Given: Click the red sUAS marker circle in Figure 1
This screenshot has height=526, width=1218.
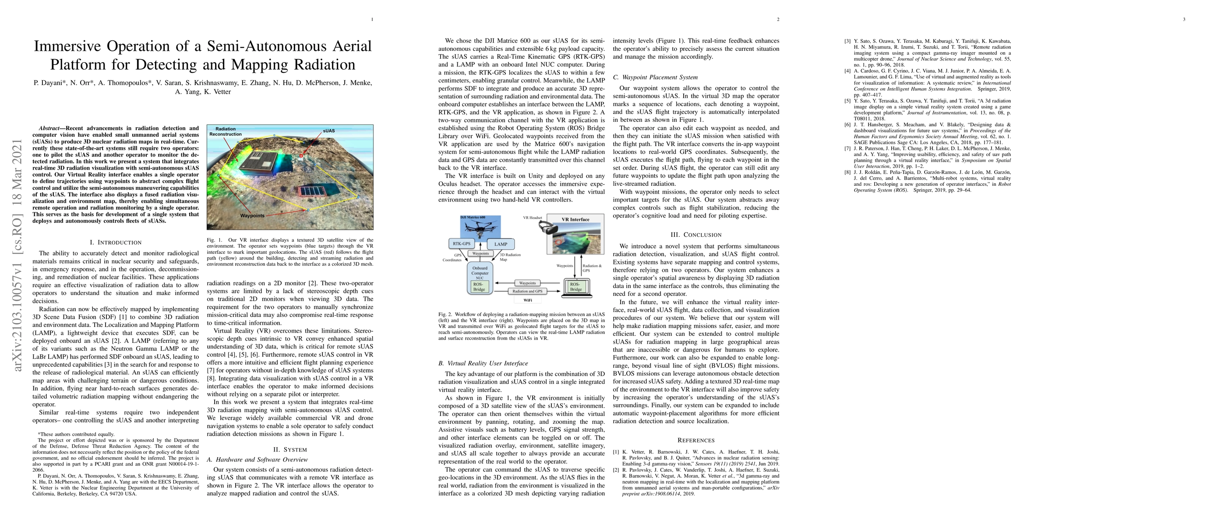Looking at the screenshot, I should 301,156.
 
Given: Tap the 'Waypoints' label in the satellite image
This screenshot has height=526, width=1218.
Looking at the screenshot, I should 252,216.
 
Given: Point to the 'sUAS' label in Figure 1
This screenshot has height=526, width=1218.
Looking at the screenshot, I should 328,131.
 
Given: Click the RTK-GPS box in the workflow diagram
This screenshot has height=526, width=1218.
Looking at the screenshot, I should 462,244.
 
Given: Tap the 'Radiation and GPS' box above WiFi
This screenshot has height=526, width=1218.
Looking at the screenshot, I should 527,291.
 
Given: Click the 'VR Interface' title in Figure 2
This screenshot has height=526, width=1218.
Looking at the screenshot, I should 575,220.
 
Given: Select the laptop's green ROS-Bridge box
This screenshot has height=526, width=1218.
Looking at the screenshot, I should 576,287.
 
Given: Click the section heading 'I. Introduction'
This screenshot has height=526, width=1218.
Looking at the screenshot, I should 116,243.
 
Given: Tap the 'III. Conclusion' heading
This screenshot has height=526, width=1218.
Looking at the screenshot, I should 696,235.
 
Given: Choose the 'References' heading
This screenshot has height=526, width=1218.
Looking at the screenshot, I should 696,441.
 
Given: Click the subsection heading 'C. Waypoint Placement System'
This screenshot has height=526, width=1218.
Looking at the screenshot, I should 648,78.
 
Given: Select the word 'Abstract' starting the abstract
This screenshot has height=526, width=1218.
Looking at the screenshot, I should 49,128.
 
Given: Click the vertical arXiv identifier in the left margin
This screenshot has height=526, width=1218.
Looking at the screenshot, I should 18,256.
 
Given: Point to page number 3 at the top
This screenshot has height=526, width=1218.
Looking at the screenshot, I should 1184,19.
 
